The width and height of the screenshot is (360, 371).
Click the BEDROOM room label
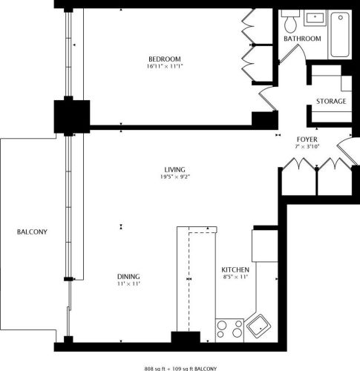164,59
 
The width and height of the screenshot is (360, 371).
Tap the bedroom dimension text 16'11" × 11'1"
164,67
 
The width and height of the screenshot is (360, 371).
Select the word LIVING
175,169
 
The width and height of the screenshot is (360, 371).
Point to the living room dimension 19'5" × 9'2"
175,177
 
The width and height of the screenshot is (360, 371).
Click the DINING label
128,275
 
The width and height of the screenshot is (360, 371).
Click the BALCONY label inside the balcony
32,232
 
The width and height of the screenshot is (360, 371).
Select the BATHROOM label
303,39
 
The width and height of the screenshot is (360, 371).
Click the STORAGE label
331,101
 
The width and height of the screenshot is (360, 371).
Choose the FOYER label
307,139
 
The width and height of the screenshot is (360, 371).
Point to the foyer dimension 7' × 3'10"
307,147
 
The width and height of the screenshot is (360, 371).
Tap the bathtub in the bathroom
341,34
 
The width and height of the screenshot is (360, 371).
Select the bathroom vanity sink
315,16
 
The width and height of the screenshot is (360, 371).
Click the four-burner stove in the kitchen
229,329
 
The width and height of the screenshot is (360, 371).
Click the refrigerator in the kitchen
264,244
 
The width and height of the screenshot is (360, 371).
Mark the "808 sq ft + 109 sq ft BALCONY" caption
180,367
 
